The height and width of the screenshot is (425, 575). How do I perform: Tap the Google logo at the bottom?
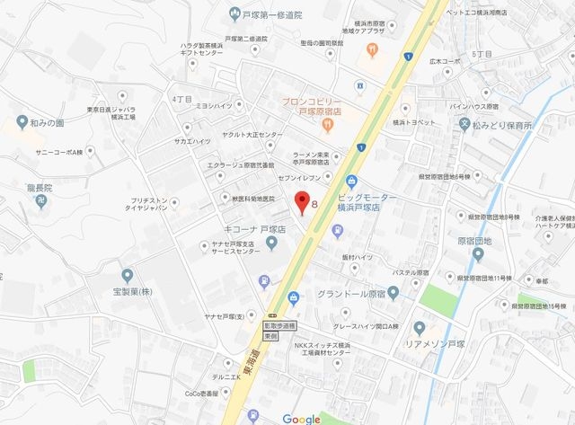point(301,419)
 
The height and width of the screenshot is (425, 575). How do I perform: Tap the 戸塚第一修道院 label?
point(273,15)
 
